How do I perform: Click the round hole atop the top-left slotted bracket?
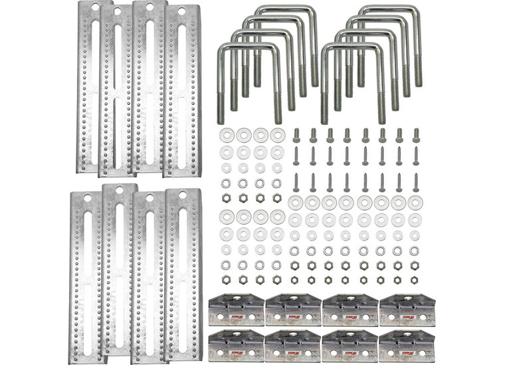pyautogui.click(x=94, y=8)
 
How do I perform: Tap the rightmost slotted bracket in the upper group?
pyautogui.click(x=182, y=93)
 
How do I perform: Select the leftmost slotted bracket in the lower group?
pyautogui.click(x=86, y=279)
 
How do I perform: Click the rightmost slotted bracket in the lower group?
pyautogui.click(x=183, y=279)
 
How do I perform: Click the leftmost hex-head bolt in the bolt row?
pyautogui.click(x=296, y=135)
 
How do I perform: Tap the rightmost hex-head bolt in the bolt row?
pyautogui.click(x=416, y=135)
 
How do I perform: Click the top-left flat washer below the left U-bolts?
pyautogui.click(x=226, y=135)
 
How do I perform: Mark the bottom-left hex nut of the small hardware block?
pyautogui.click(x=226, y=280)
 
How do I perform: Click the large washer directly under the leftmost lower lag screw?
pyautogui.click(x=296, y=201)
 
